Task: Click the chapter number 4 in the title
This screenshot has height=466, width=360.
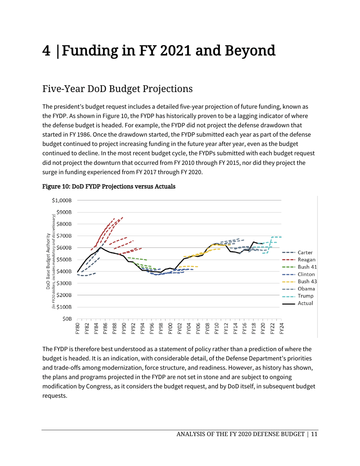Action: pos(48,51)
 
